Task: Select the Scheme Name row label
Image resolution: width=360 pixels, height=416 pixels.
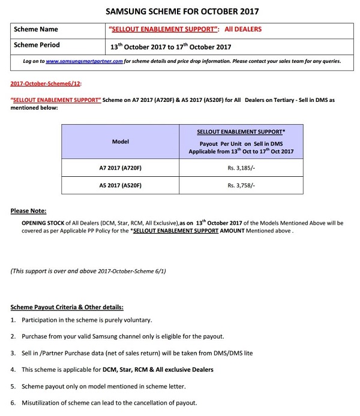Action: (x=36, y=29)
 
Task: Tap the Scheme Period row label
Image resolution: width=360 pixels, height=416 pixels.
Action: (x=37, y=45)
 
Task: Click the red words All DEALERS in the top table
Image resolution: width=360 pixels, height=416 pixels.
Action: (x=243, y=29)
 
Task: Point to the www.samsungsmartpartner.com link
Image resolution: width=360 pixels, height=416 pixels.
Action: (x=84, y=61)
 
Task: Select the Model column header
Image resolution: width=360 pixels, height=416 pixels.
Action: (x=121, y=141)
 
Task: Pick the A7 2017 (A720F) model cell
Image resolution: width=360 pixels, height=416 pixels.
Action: (x=120, y=168)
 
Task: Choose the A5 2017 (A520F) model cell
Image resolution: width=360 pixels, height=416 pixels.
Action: (x=120, y=185)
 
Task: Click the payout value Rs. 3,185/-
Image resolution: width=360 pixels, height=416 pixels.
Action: (x=241, y=168)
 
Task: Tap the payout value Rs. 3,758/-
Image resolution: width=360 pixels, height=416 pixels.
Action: (x=241, y=185)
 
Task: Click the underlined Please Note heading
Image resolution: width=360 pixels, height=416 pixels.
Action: (x=29, y=211)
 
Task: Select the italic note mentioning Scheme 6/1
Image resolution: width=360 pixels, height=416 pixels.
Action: (x=88, y=271)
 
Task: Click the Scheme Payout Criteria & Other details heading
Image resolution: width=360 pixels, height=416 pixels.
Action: (x=67, y=307)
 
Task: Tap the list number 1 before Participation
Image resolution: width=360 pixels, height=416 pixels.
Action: (x=13, y=320)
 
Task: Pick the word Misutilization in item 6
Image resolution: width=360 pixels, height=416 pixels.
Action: (x=43, y=402)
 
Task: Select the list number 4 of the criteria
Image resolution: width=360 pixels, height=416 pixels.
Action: (x=13, y=369)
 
